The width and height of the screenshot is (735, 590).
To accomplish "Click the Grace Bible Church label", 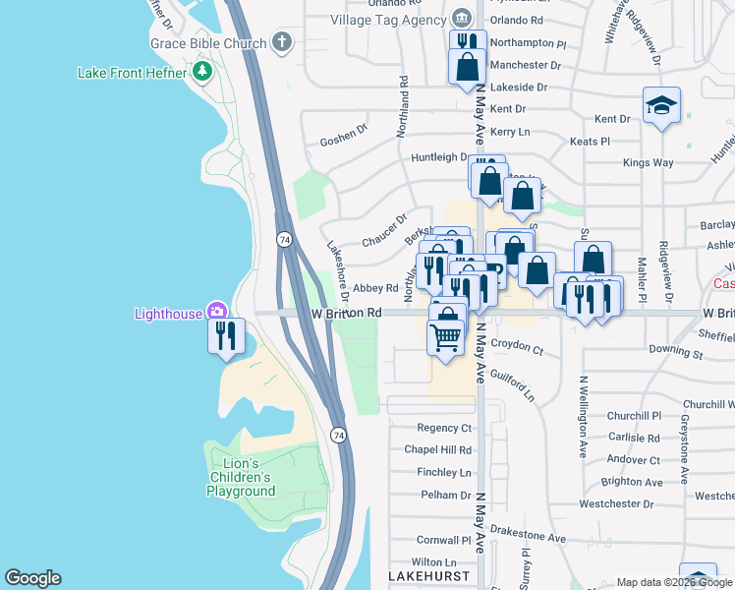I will (208, 43).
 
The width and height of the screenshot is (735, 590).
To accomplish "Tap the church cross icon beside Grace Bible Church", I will (282, 42).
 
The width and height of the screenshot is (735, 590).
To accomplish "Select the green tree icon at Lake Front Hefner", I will (202, 71).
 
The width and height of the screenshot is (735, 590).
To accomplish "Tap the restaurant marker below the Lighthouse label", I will (227, 336).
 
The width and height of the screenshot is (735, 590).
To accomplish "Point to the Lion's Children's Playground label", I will (241, 477).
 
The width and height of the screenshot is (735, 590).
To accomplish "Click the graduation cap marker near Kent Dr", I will (661, 106).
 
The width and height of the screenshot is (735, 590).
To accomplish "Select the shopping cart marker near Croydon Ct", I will (446, 337).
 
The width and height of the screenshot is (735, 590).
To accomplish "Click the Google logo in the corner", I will (32, 578).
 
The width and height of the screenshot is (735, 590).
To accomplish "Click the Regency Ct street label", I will (444, 428).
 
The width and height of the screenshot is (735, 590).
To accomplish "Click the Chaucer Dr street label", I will (383, 231).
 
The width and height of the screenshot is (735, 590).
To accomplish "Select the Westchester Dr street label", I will (616, 503).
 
